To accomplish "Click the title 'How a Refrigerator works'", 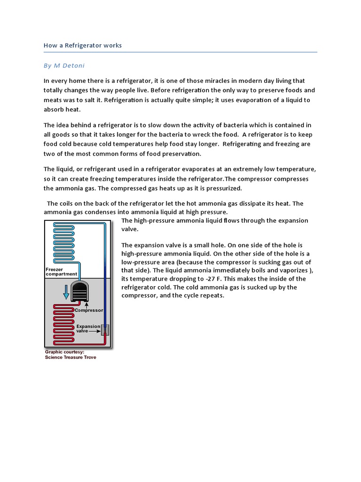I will [x=83, y=46].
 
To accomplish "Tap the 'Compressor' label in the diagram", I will [x=89, y=310].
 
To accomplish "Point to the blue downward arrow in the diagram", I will [x=66, y=292].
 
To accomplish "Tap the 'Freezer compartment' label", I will [x=61, y=272].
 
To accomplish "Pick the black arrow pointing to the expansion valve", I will [x=95, y=331].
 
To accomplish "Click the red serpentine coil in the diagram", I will [x=63, y=325].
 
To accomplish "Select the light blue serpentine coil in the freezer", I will [x=63, y=245].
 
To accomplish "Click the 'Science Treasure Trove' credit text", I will [x=71, y=357].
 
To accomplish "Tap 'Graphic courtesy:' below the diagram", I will [x=64, y=352].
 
